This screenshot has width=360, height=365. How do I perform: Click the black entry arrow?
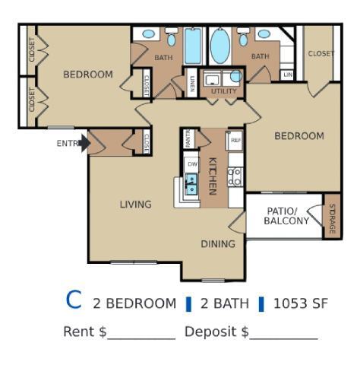pos(85,142)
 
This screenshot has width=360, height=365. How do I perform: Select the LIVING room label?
pos(135,204)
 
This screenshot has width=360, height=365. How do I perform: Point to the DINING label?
pos(218,244)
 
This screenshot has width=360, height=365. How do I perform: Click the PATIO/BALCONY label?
pos(286,216)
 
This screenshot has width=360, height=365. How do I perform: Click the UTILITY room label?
pos(223,91)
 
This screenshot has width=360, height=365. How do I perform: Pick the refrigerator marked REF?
pos(235,140)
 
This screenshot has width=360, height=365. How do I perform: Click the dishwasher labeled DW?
pos(192,163)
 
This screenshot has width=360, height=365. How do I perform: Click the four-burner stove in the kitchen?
pos(235,177)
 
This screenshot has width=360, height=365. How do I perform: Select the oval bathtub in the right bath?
pos(219,46)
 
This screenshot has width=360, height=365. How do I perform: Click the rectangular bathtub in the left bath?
pos(193,46)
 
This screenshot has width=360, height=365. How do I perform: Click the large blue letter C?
pos(74,300)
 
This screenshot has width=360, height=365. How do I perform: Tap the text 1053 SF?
pos(301,303)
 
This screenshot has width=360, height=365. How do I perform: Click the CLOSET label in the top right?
pos(321,54)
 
